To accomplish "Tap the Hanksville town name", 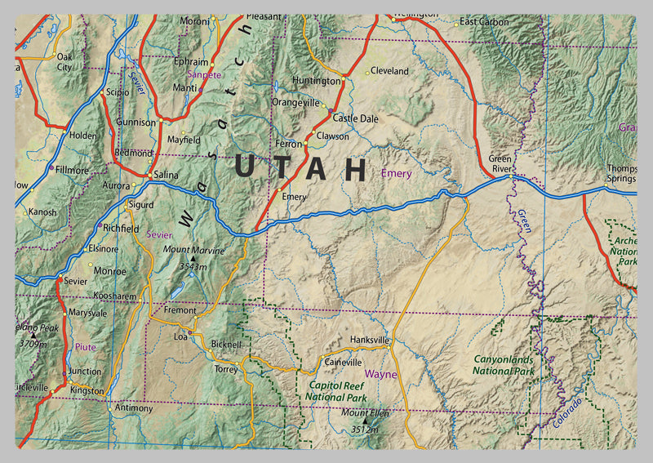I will point(369,340).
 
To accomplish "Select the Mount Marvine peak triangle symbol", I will point(193,259).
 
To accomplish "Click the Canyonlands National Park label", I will point(503,365).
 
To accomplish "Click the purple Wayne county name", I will point(380,375).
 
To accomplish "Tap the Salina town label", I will point(166,176).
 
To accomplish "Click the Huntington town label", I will point(316,82).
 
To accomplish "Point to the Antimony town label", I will point(134,407).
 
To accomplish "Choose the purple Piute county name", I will point(86,347).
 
